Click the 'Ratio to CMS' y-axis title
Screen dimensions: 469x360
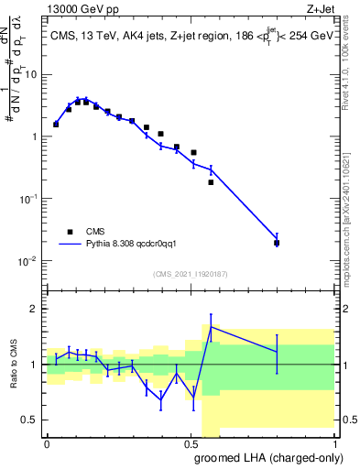14,365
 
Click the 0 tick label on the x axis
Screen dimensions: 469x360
48,443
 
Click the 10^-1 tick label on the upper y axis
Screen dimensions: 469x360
27,198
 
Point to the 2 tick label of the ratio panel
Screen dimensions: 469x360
35,309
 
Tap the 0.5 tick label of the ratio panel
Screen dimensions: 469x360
30,420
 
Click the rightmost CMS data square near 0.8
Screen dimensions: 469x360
277,243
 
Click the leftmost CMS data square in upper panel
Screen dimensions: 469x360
56,124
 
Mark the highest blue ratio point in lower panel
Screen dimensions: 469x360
211,326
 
